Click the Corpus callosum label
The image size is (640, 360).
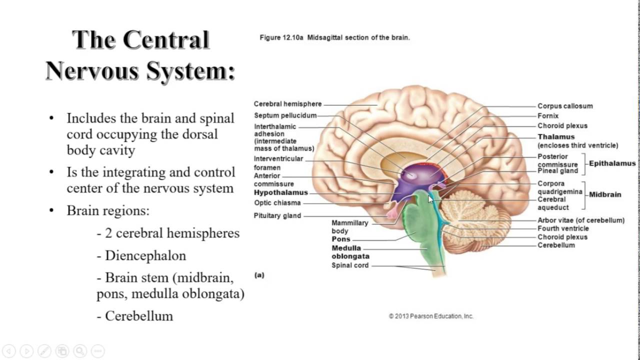pyautogui.click(x=565, y=106)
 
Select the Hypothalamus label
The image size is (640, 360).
pyautogui.click(x=280, y=192)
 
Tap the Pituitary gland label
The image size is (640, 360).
pyautogui.click(x=277, y=215)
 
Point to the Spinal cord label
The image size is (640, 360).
pyautogui.click(x=350, y=265)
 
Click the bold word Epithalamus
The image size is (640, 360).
pyautogui.click(x=612, y=163)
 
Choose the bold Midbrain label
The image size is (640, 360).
pyautogui.click(x=605, y=194)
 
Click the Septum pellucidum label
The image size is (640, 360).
pyautogui.click(x=285, y=115)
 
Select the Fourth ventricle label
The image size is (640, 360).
pyautogui.click(x=563, y=228)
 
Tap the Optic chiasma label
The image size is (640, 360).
pyautogui.click(x=277, y=203)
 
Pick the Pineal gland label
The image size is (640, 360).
pyautogui.click(x=557, y=171)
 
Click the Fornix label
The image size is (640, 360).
pyautogui.click(x=548, y=116)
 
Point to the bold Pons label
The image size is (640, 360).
pyautogui.click(x=341, y=239)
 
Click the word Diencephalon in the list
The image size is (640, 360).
pyautogui.click(x=145, y=255)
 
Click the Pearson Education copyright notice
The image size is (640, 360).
pyautogui.click(x=431, y=316)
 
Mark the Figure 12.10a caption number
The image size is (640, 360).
pyautogui.click(x=281, y=37)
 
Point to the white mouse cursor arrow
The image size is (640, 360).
pyautogui.click(x=430, y=199)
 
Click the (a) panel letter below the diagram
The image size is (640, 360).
pyautogui.click(x=259, y=275)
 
